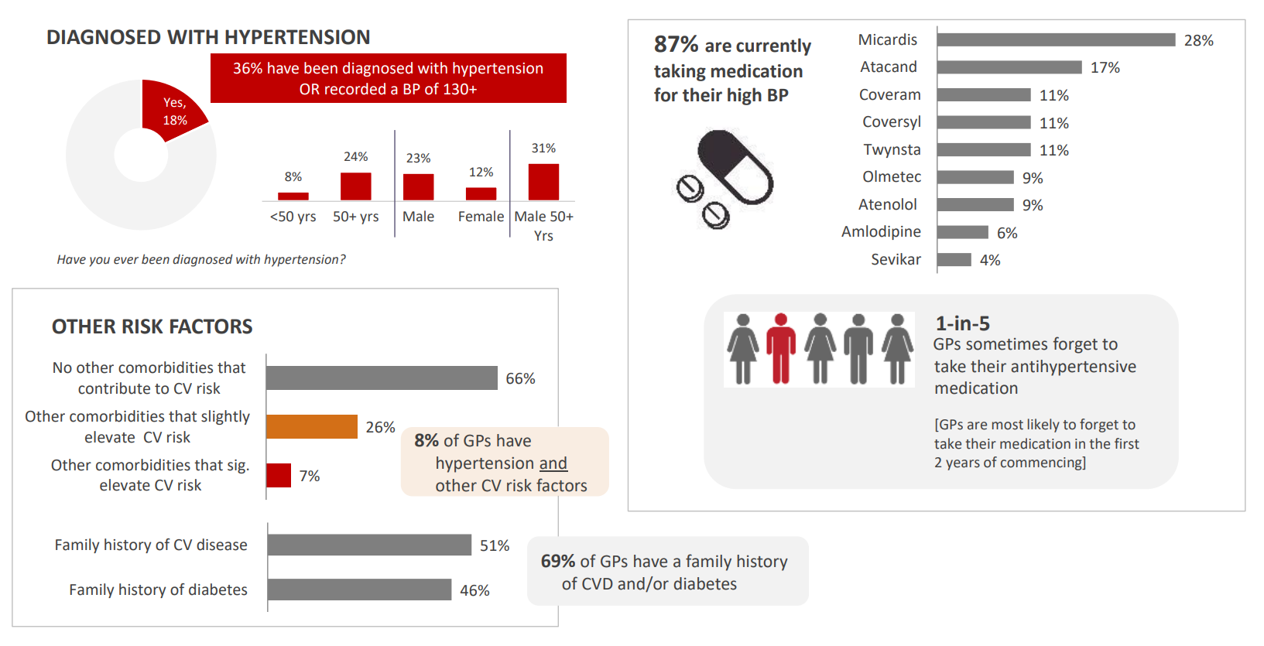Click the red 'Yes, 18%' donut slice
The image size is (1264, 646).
click(171, 111)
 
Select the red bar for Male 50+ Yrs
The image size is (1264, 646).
click(543, 182)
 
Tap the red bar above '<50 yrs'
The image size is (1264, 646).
click(293, 196)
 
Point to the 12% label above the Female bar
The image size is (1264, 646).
click(481, 173)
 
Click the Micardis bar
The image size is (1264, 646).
click(1056, 40)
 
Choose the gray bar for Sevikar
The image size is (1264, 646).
click(954, 260)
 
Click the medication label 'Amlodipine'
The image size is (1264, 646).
click(881, 232)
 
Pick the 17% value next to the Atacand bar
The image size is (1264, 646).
click(1105, 68)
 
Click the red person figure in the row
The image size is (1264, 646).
click(781, 348)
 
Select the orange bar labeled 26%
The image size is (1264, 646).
click(312, 427)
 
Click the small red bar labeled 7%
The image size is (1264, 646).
click(279, 476)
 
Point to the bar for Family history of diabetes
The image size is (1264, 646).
click(359, 590)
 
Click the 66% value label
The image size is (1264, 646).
click(520, 379)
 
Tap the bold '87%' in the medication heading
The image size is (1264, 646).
click(676, 45)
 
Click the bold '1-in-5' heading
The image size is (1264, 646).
click(962, 323)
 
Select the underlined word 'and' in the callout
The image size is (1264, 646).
click(553, 463)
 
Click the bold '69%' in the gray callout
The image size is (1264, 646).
click(557, 562)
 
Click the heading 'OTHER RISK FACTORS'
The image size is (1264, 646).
click(152, 327)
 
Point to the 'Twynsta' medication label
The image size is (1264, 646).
click(892, 150)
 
